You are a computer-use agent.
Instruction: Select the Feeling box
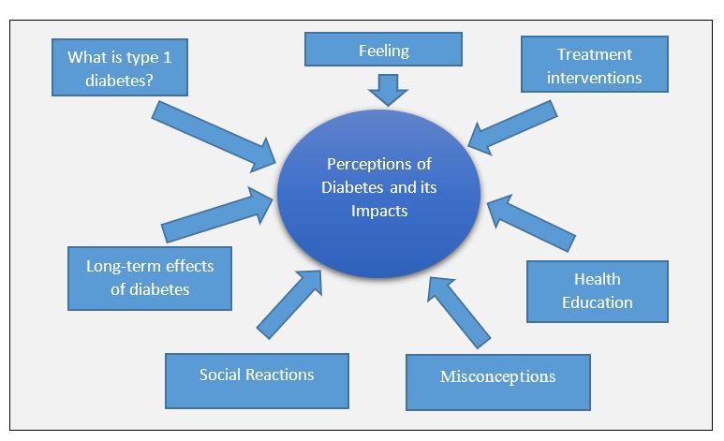(x=383, y=50)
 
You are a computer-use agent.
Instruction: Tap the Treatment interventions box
(x=595, y=65)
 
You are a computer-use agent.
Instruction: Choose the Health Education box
(x=597, y=290)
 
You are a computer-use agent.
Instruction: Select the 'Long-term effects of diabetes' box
(x=150, y=277)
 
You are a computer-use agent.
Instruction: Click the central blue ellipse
(x=378, y=197)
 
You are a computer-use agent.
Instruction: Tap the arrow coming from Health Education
(x=529, y=222)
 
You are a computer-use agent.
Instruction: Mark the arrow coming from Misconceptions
(x=456, y=309)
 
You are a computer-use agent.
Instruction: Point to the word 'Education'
(x=597, y=301)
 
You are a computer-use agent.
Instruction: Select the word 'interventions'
(x=595, y=77)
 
